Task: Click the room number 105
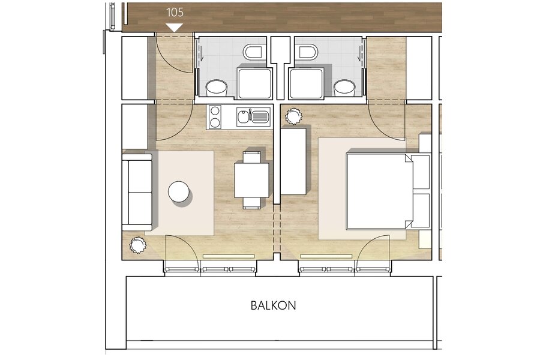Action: [x=175, y=13]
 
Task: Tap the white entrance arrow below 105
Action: [x=174, y=28]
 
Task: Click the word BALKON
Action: [x=273, y=305]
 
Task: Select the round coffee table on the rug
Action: [x=179, y=191]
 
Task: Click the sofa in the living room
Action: [x=137, y=192]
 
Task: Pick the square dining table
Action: [x=252, y=180]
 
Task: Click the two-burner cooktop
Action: [x=215, y=117]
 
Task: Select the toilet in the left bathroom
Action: [x=254, y=52]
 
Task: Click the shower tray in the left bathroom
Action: [x=254, y=83]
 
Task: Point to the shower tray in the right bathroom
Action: [x=307, y=83]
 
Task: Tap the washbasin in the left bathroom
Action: [x=217, y=88]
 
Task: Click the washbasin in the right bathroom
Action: [x=344, y=88]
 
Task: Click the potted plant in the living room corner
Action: [x=138, y=245]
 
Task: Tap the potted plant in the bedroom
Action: [x=294, y=116]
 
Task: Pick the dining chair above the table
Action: [x=251, y=157]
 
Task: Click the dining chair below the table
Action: [x=251, y=203]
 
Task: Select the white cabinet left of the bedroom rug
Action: [x=293, y=161]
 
